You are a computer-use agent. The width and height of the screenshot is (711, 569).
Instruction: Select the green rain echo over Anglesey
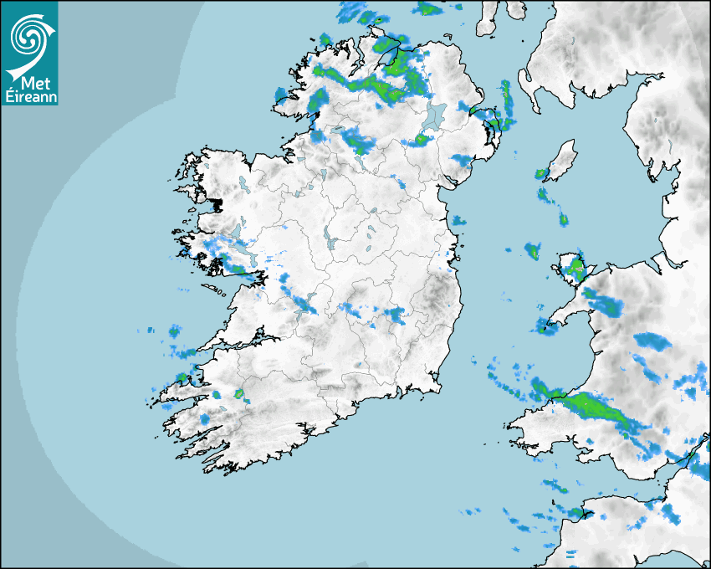pos(575,269)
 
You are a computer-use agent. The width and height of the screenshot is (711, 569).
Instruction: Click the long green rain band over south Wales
pos(594,409)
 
